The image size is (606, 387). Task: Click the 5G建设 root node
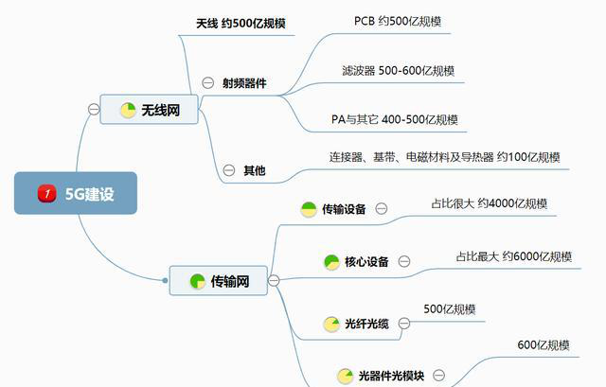pos(76,193)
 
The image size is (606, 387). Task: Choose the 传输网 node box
pos(217,280)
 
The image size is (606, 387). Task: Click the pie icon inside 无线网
pos(128,111)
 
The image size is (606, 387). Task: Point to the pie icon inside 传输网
pos(197,281)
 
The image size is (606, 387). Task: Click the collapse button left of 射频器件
pos(207,83)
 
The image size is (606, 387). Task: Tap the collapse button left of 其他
pos(228,170)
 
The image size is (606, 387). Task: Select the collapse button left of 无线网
pos(93,110)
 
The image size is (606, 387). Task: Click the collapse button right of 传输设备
pos(381,209)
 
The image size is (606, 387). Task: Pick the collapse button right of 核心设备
pos(404,261)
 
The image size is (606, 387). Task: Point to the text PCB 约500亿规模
pos(398,21)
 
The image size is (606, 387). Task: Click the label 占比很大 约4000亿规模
pos(488,202)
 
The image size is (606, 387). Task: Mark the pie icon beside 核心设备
pos(331,261)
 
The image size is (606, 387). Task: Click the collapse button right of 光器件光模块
pos(438,376)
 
